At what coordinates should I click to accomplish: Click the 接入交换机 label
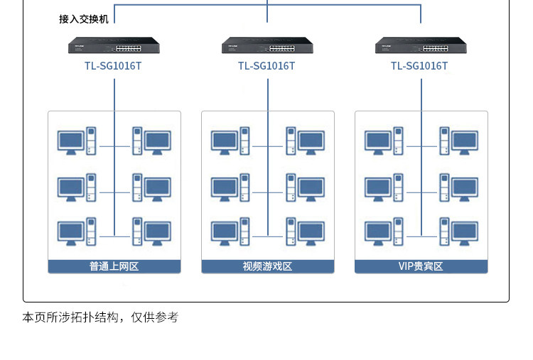tap(84, 19)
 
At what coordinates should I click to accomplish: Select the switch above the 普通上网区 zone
tap(114, 45)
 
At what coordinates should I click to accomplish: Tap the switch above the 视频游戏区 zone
tap(267, 45)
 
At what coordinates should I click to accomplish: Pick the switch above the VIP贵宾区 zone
tap(421, 45)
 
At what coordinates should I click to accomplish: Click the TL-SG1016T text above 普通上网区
tap(113, 66)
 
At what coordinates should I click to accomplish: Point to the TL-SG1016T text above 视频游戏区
tap(266, 66)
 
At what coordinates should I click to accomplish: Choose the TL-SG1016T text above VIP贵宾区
tap(419, 66)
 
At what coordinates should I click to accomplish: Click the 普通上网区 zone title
tap(114, 266)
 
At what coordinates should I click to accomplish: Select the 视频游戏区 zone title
tap(267, 266)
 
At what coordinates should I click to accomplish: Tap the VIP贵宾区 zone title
tap(421, 266)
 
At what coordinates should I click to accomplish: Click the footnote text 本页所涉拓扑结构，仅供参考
tap(100, 317)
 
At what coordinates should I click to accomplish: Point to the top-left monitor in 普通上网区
tap(70, 142)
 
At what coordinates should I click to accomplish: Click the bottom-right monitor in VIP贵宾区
tap(465, 234)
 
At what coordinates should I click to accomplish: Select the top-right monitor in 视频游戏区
tap(311, 142)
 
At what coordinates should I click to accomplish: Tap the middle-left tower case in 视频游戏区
tap(244, 187)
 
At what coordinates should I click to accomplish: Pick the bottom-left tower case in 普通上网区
tap(91, 231)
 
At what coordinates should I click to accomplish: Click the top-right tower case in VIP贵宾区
tap(444, 141)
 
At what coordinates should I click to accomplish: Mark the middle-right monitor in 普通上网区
tap(158, 189)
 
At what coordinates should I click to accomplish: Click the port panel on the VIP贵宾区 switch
tap(436, 48)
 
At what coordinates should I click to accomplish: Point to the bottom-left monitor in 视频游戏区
tap(225, 234)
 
